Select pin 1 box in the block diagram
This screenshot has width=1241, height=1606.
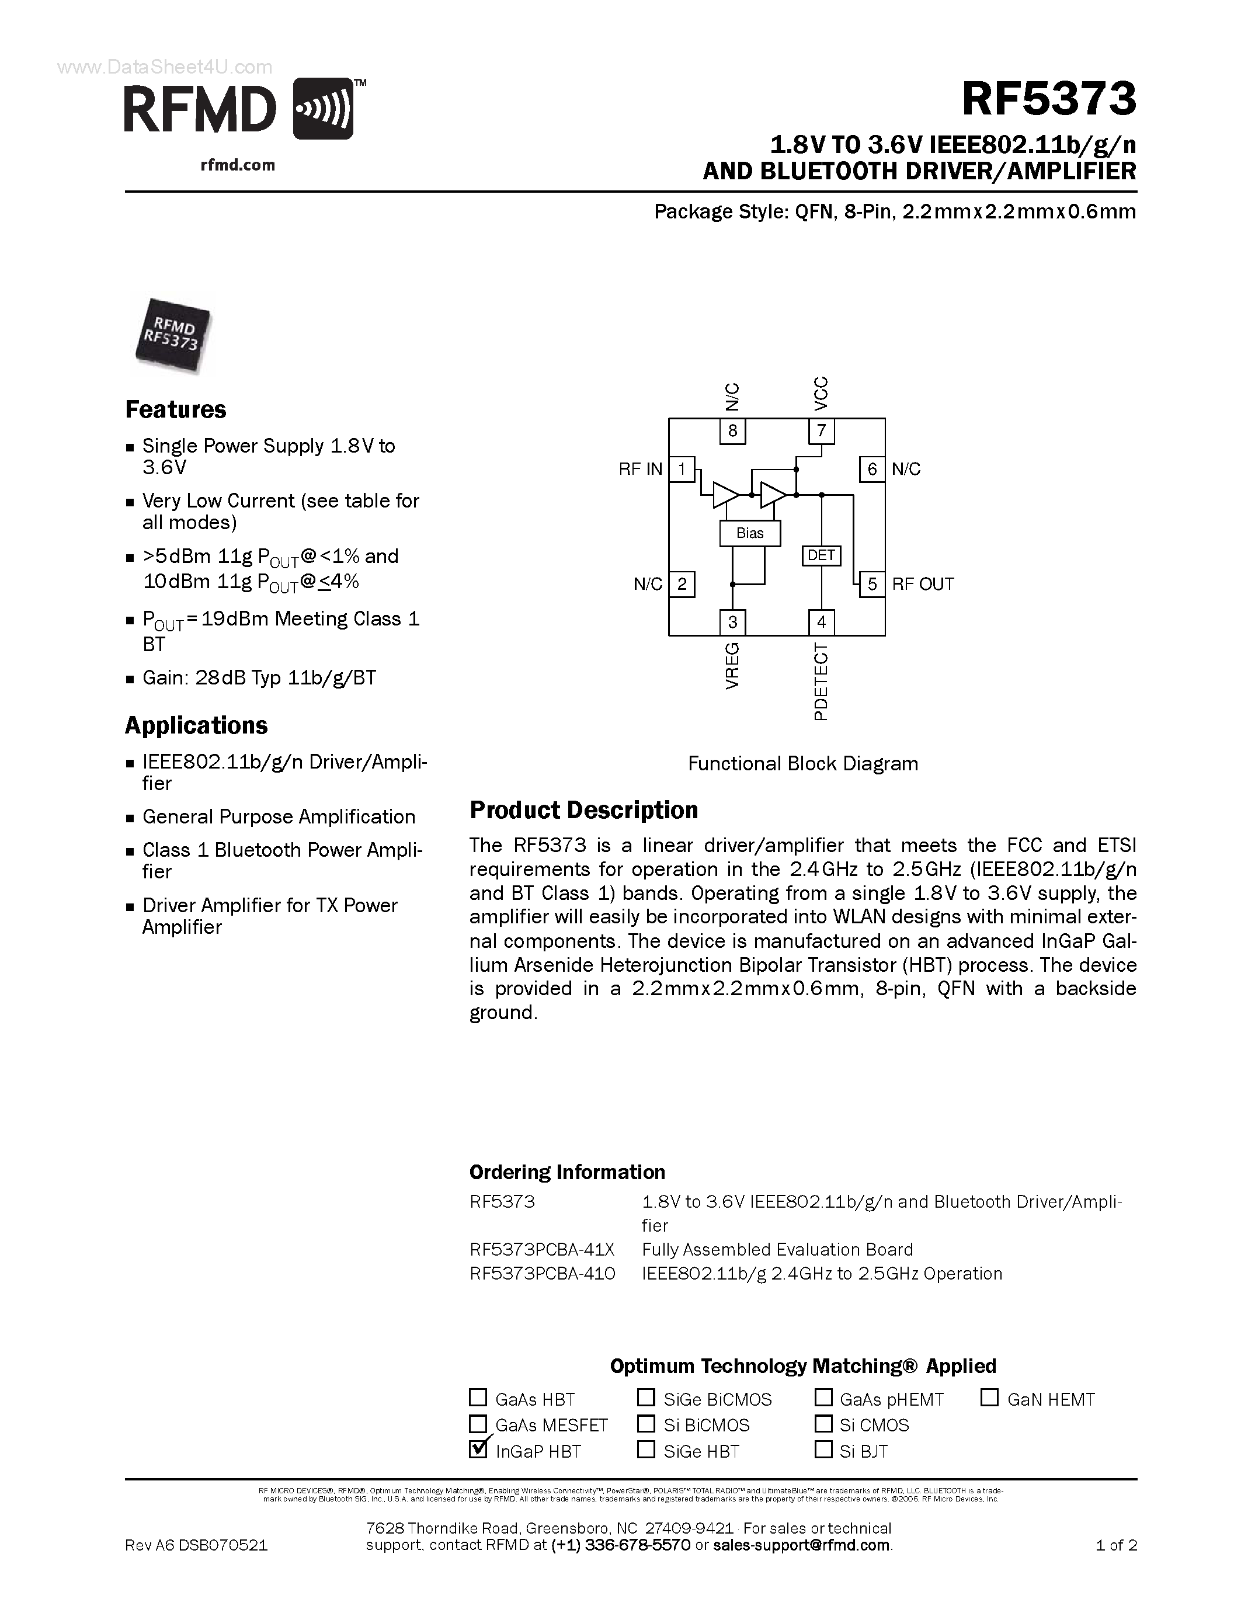(x=682, y=469)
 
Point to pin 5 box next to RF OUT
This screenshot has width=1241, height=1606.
(x=872, y=584)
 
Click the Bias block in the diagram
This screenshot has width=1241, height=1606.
(x=750, y=533)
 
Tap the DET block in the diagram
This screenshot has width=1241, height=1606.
(x=821, y=555)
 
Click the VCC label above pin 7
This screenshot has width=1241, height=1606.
(x=821, y=394)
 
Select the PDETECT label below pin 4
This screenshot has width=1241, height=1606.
(x=821, y=681)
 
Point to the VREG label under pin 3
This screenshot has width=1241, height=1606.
(x=732, y=666)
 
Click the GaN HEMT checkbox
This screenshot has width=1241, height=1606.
(x=989, y=1397)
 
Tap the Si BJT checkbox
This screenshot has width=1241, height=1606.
(x=824, y=1449)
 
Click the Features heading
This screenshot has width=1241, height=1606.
(x=176, y=409)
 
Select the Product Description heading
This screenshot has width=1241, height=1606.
(x=584, y=811)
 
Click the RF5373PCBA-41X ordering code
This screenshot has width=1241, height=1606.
(x=542, y=1249)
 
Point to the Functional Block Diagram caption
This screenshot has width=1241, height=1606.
(x=803, y=763)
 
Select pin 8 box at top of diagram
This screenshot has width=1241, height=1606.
(x=732, y=431)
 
